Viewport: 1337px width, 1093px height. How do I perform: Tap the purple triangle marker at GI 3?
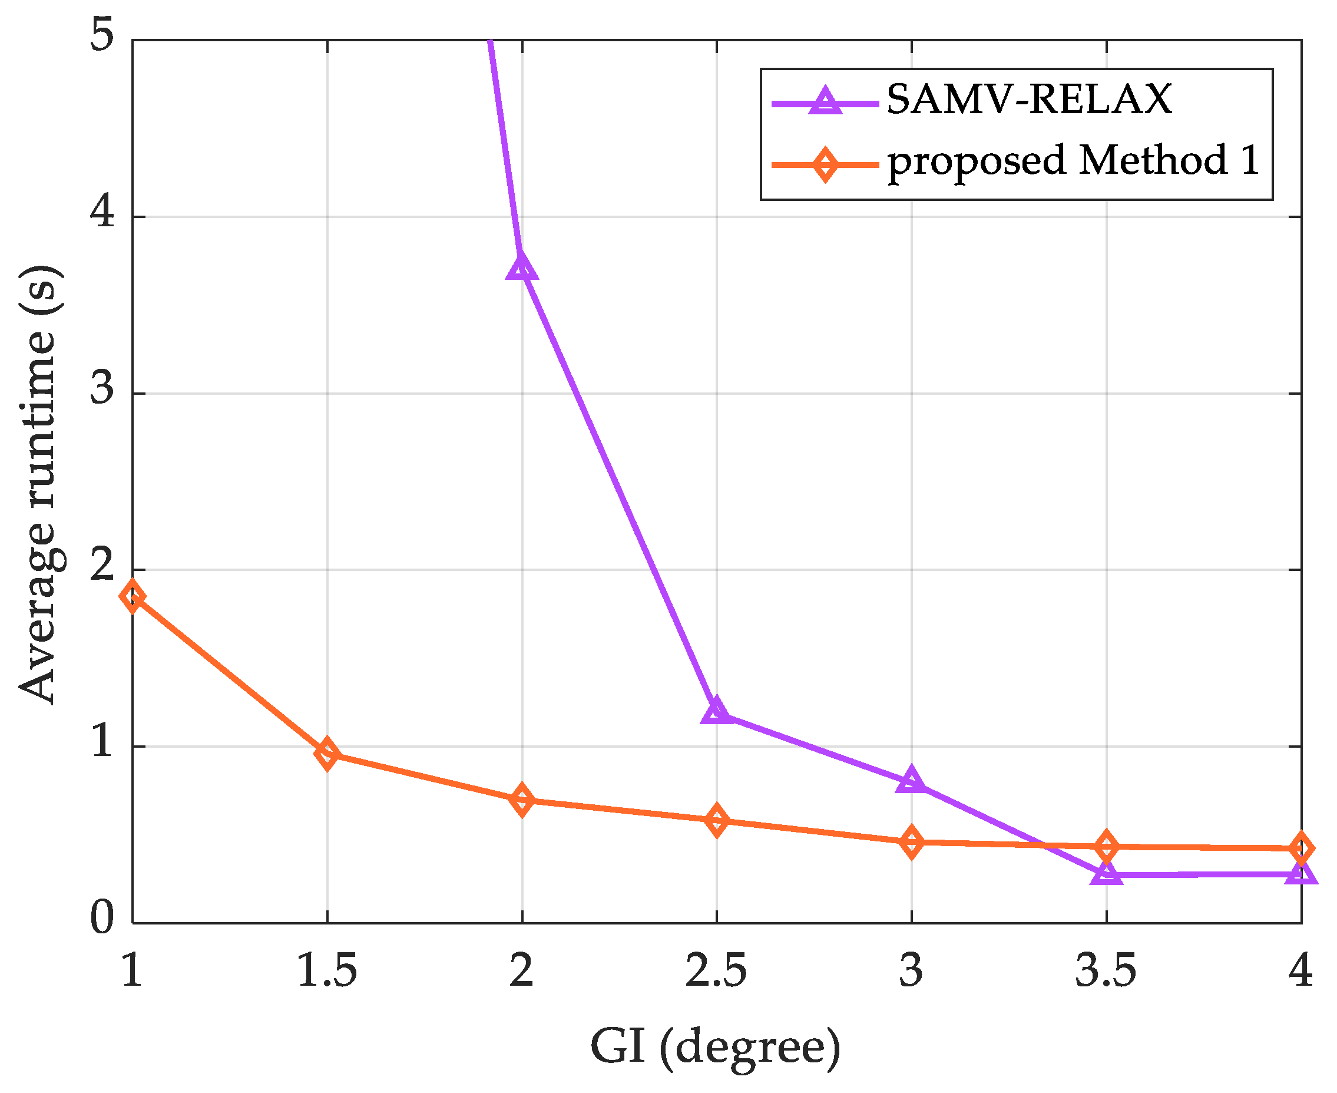coord(912,781)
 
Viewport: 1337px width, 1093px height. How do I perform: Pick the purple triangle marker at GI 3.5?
coord(1106,874)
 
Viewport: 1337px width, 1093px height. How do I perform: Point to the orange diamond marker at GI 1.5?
coord(327,753)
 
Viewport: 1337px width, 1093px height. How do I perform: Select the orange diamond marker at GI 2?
coord(522,800)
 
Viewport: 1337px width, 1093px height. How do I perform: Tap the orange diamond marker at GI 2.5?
coord(716,820)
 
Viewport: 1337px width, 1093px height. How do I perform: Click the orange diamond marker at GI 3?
coord(912,843)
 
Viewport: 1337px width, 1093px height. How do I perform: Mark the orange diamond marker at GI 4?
coord(1300,848)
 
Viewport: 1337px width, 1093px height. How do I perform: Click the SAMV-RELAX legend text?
coord(1029,100)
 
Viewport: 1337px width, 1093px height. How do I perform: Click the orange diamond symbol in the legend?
coord(825,165)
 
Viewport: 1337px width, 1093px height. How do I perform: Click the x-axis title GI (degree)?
coord(716,1048)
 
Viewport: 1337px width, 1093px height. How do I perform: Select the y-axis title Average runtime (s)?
coord(39,484)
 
